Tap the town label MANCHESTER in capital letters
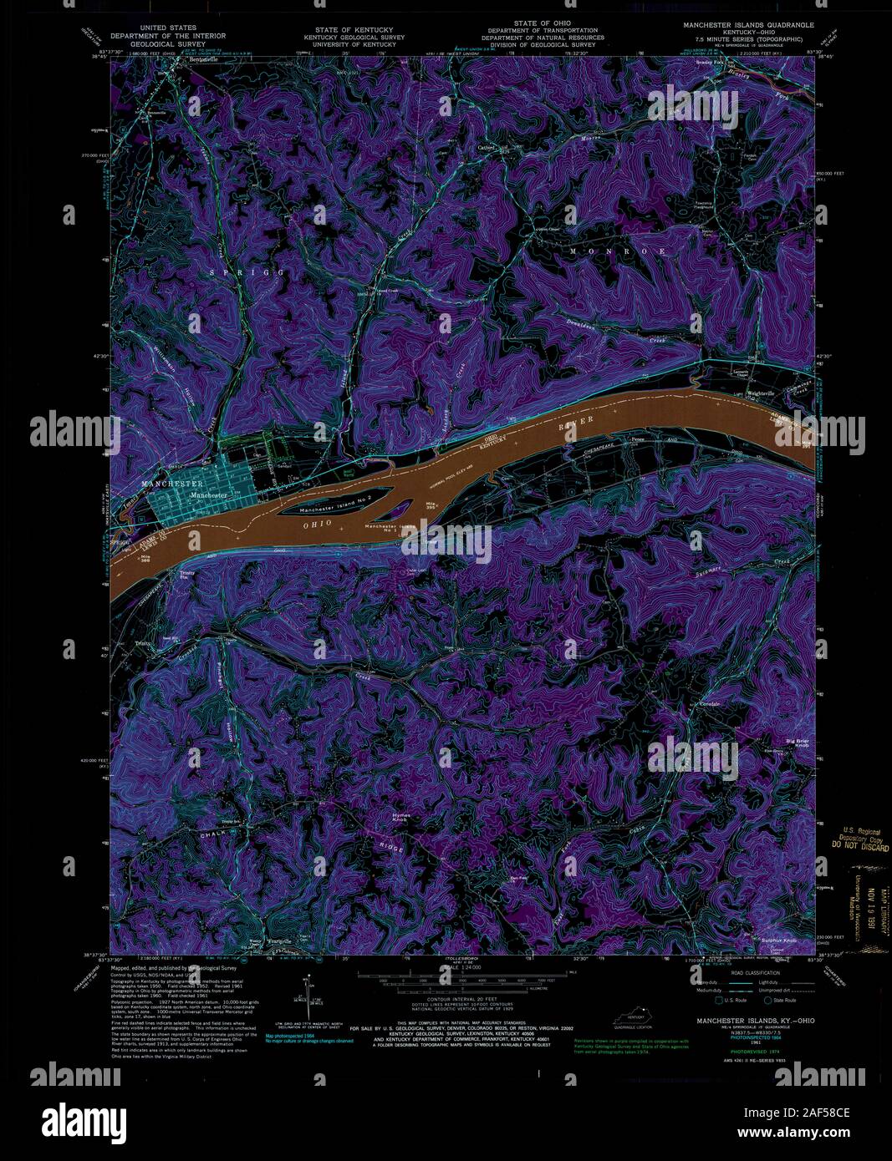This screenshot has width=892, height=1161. [x=172, y=484]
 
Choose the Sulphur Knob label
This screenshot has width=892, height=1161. [x=778, y=940]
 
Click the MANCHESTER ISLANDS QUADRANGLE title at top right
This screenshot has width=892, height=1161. [x=748, y=26]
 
